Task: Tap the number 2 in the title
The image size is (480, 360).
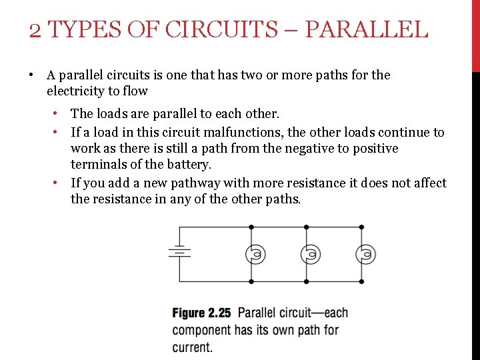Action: click(35, 30)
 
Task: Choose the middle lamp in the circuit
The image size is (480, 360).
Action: click(310, 254)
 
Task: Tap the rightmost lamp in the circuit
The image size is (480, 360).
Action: click(365, 254)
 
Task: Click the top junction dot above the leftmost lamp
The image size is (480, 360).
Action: click(251, 227)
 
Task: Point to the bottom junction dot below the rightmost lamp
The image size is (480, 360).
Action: click(361, 281)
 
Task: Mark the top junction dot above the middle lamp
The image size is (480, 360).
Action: click(306, 227)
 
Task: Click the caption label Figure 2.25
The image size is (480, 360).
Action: click(201, 313)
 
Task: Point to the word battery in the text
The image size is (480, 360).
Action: click(189, 164)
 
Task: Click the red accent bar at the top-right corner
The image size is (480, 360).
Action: click(475, 33)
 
